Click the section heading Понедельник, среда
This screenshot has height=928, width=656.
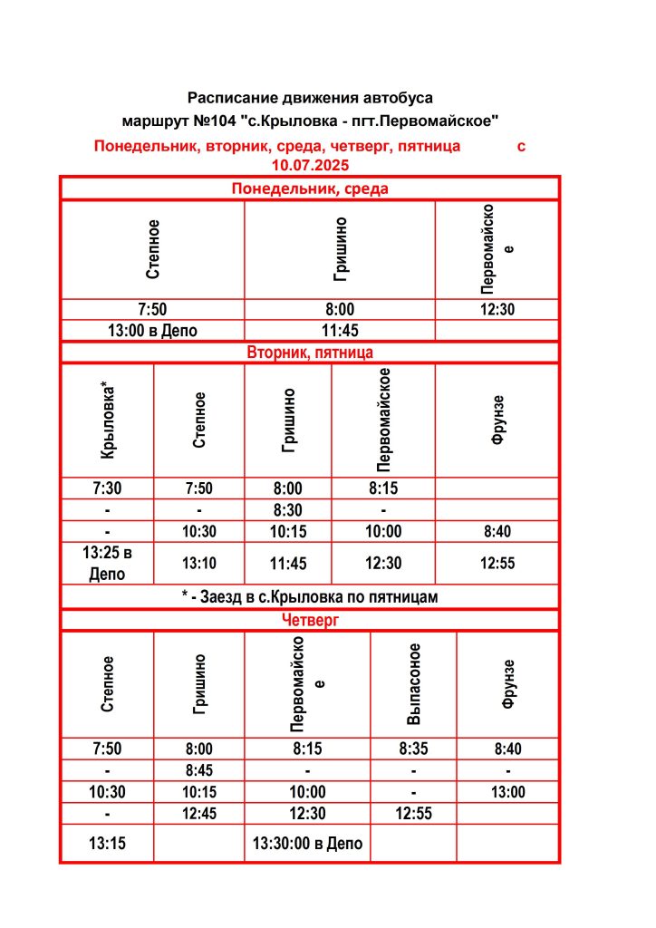pos(310,188)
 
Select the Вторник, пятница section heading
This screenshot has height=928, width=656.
pos(310,352)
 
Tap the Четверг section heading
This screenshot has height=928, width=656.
pos(310,620)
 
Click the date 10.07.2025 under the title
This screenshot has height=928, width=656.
pos(310,165)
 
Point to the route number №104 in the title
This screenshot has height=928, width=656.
pos(195,120)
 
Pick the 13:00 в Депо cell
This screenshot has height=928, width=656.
pos(152,331)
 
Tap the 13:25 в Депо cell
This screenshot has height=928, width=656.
pos(107,563)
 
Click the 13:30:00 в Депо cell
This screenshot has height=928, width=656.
pos(307,844)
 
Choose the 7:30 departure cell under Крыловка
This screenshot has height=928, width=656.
pos(107,488)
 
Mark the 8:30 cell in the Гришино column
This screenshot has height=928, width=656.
pos(288,510)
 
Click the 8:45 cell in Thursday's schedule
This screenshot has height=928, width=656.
pos(198,771)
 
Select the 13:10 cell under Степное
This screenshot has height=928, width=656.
pos(198,563)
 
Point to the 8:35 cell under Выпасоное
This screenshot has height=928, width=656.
pos(413,749)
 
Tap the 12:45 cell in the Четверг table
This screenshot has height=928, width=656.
pos(198,814)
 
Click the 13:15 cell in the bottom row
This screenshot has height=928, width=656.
pos(107,844)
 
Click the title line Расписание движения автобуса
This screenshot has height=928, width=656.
pos(310,97)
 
